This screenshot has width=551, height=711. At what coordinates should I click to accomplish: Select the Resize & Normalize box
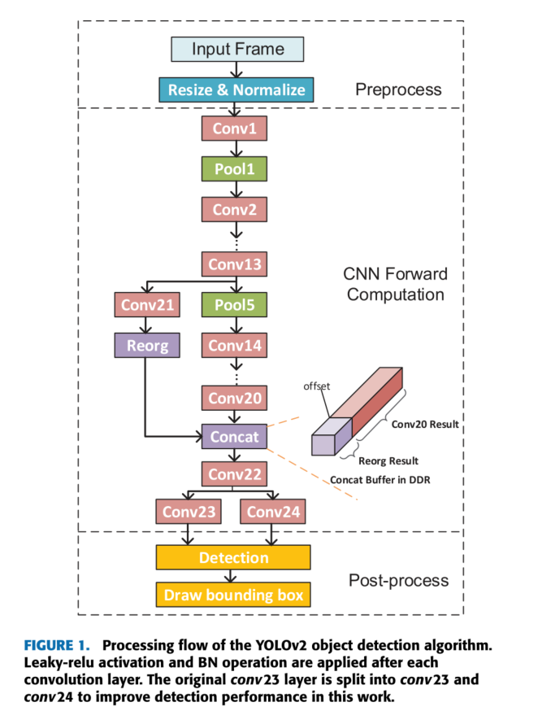pos(236,89)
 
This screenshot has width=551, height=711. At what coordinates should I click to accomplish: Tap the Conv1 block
pos(234,129)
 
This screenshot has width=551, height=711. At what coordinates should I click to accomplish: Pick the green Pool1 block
pos(234,169)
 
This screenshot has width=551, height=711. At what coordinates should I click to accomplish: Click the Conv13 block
pos(234,264)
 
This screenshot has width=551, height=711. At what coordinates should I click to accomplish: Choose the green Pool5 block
pos(234,305)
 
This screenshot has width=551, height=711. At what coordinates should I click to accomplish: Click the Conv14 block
pos(234,345)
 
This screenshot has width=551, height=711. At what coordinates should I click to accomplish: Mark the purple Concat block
pos(234,437)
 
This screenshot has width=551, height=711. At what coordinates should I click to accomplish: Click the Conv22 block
pos(234,474)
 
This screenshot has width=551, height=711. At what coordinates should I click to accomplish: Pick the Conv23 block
pos(189,512)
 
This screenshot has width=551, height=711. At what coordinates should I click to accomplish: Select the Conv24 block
pos(273,512)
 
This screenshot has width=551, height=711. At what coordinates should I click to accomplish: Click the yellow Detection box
pos(233,557)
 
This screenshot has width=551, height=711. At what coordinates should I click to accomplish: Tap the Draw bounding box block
pos(233,595)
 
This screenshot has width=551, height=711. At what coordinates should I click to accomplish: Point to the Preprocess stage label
pos(398,89)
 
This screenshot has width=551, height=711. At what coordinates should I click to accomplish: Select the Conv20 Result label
pos(425,424)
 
